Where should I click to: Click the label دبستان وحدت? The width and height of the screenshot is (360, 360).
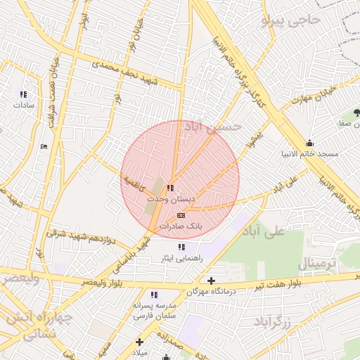167,199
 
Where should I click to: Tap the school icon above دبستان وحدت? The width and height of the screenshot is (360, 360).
170,188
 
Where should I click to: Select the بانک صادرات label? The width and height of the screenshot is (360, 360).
181,226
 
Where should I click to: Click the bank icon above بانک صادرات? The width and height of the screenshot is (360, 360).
181,215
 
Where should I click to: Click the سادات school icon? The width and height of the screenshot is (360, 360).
23,94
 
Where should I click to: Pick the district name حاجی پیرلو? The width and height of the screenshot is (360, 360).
290,20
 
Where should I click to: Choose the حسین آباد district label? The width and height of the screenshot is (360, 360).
212,127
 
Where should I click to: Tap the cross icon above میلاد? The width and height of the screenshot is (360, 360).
140,342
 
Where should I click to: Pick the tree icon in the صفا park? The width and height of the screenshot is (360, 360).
356,112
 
